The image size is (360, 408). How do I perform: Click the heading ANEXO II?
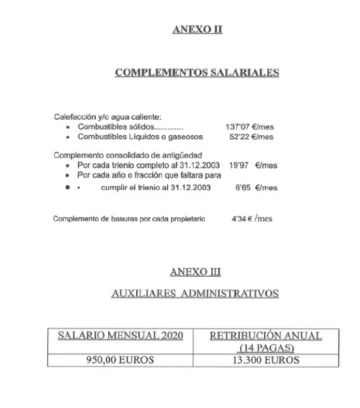[x=197, y=30]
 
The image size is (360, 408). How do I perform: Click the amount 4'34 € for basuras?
[x=241, y=219]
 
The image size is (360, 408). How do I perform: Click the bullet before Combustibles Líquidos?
[x=69, y=137]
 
